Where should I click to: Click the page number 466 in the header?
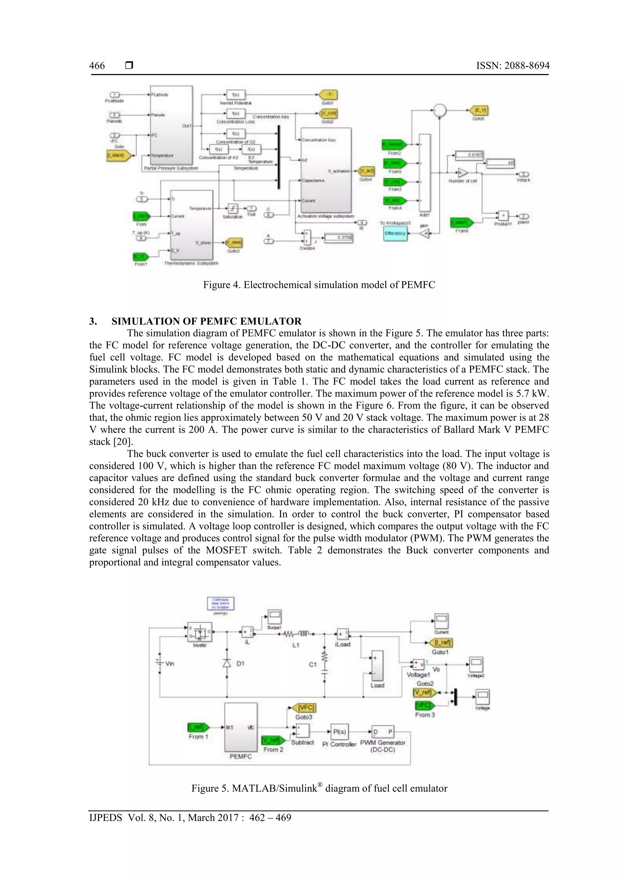[97, 66]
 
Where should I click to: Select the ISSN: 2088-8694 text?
[512, 66]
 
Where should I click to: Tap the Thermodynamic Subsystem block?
[191, 225]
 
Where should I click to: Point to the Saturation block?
[232, 208]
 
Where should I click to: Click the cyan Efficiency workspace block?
[395, 233]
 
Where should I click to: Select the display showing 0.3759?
[338, 238]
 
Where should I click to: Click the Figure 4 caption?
[319, 285]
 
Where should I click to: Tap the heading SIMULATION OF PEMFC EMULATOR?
[207, 321]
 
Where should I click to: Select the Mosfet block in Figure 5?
[200, 632]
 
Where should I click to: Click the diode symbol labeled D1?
[227, 663]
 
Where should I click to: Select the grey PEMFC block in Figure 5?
[241, 727]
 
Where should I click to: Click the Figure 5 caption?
[319, 788]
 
